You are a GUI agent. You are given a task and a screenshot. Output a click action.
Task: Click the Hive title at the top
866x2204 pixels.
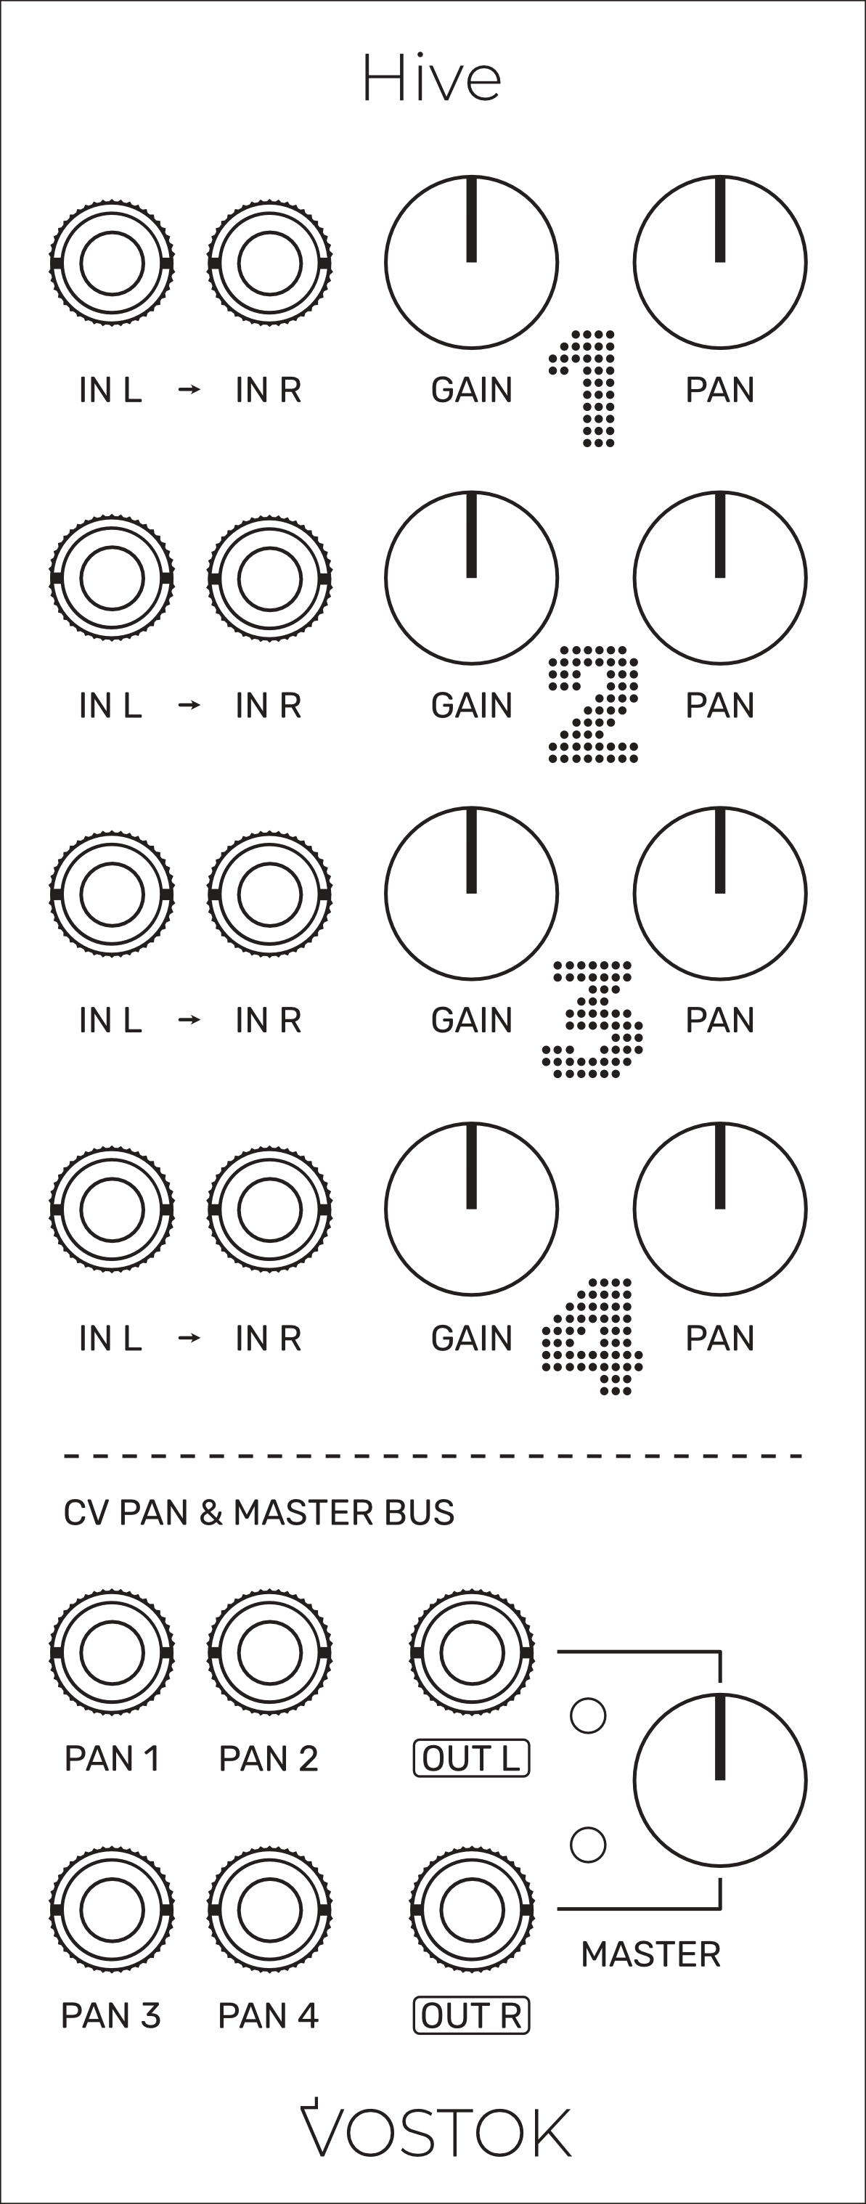point(431,78)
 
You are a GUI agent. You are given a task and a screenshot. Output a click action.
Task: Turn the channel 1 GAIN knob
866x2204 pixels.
point(472,263)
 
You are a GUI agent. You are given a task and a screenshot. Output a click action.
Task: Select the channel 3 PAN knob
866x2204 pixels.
point(719,893)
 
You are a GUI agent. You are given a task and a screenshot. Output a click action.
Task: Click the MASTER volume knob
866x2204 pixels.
point(719,1781)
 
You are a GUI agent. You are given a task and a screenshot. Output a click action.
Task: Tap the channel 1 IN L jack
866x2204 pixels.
point(112,263)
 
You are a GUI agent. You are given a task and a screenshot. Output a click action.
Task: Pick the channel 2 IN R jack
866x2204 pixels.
point(269,579)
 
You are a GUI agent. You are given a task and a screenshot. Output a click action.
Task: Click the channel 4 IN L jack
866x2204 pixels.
point(112,1209)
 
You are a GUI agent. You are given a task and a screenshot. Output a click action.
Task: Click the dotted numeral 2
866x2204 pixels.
point(594,704)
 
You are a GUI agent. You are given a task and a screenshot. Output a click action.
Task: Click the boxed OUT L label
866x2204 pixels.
point(472,1759)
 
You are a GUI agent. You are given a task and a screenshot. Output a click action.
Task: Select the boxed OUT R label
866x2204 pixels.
point(472,2016)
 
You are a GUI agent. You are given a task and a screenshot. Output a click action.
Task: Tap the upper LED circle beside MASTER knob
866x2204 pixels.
point(588,1715)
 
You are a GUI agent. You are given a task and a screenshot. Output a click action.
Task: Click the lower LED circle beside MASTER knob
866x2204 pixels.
point(588,1845)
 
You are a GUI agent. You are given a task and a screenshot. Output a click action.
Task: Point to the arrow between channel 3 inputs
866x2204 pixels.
point(190,1020)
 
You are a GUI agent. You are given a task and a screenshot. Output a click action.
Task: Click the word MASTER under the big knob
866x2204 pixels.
point(650,1954)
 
